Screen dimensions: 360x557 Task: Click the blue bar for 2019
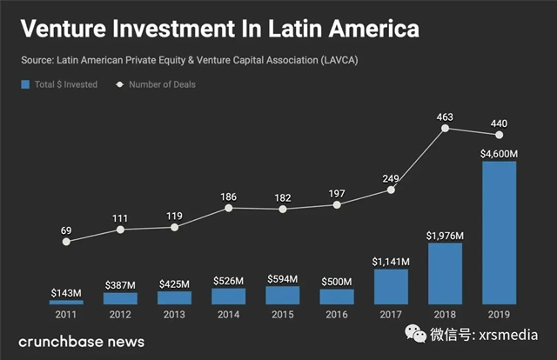coord(499,232)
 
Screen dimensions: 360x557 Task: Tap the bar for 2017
coord(391,286)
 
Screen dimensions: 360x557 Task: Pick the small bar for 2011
coord(66,302)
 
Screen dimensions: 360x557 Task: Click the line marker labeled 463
coord(446,128)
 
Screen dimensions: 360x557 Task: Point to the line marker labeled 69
coord(67,241)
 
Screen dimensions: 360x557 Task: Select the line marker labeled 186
coord(229,208)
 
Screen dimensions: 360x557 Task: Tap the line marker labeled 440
coord(499,134)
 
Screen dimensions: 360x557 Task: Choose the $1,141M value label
coord(391,261)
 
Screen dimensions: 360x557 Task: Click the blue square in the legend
coord(24,84)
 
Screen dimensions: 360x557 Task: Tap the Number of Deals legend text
coord(162,84)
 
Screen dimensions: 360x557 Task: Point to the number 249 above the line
coord(391,179)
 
